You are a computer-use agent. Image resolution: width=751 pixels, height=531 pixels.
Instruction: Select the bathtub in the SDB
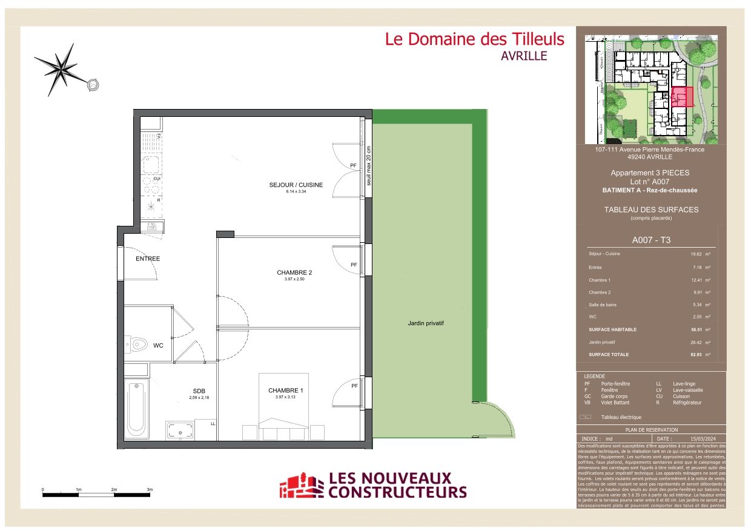137,410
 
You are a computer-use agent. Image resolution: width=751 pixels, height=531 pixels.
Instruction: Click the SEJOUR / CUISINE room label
296,185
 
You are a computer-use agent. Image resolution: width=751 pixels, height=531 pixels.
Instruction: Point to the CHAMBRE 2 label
294,272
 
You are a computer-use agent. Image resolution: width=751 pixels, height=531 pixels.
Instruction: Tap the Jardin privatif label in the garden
426,323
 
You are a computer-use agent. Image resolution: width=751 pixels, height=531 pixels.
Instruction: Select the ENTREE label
148,259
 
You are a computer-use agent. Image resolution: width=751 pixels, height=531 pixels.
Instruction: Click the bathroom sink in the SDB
180,431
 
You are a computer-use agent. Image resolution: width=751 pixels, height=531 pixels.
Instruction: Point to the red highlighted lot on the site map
683,96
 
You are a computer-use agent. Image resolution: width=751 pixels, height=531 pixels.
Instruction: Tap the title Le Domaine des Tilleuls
474,39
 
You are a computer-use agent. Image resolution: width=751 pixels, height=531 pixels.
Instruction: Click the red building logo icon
301,486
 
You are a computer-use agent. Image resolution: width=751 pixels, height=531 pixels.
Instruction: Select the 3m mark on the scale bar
150,489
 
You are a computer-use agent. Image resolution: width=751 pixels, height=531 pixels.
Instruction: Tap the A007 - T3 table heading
651,240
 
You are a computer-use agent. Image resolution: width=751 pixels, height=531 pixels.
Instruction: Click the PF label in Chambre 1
354,386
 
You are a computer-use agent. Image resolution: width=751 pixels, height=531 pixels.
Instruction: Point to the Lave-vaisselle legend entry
687,390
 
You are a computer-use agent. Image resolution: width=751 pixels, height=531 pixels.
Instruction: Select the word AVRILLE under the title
524,56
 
